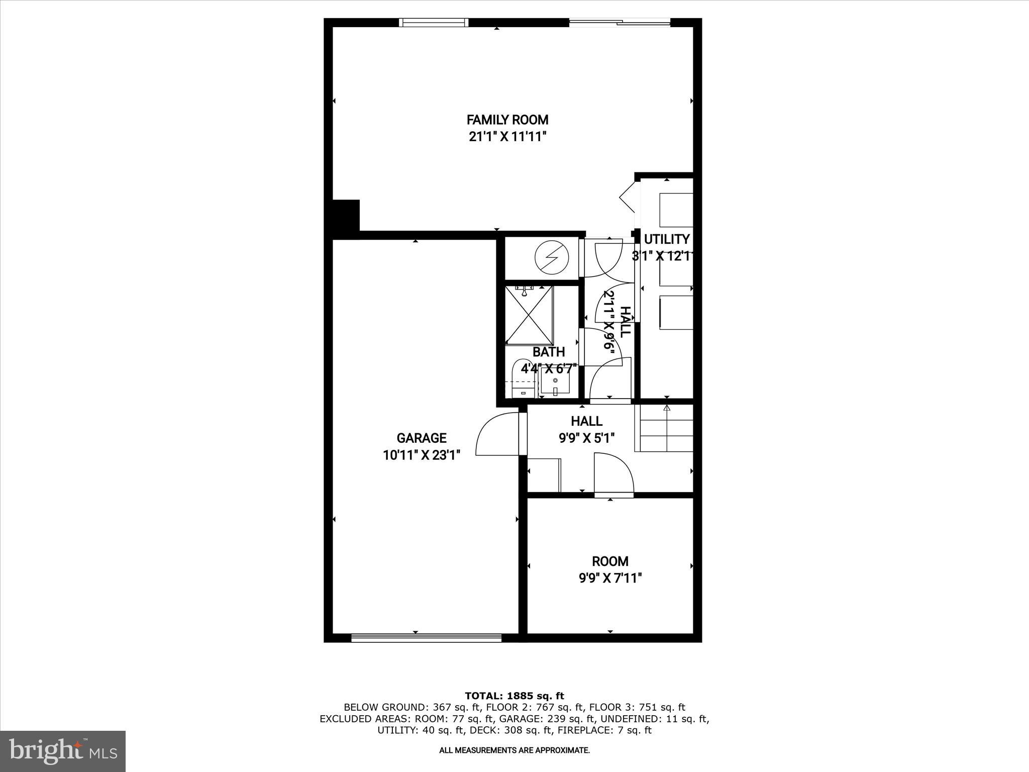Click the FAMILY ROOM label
(x=507, y=120)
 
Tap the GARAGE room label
(x=421, y=438)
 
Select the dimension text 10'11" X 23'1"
(x=421, y=455)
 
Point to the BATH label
(x=549, y=352)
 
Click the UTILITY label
(x=667, y=239)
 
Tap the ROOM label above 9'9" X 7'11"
(x=610, y=561)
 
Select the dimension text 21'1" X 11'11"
(x=507, y=137)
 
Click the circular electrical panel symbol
(x=552, y=258)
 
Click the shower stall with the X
(x=529, y=315)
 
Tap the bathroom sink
(x=555, y=384)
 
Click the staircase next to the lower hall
(x=664, y=428)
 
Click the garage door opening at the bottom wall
(x=426, y=638)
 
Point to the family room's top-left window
(x=434, y=22)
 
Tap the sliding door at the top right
(x=620, y=22)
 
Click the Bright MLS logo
(x=63, y=751)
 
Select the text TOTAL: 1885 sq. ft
(x=514, y=696)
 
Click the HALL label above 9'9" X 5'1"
(x=586, y=421)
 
